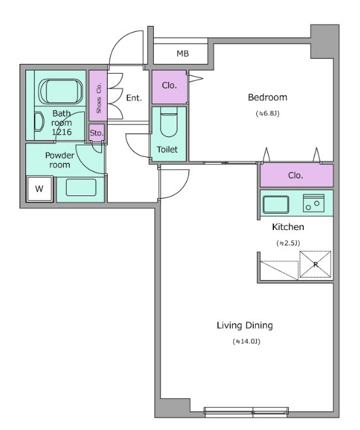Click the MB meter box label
tap(183, 53)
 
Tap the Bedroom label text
tap(267, 97)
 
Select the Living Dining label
tap(245, 326)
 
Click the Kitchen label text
tap(288, 227)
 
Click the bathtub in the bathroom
tap(61, 92)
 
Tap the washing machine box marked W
tap(40, 189)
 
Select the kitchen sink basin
tap(276, 205)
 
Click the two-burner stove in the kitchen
tap(314, 203)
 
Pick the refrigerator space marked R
tap(315, 265)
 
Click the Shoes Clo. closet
tap(98, 96)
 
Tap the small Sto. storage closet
tap(97, 133)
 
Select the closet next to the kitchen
tap(297, 175)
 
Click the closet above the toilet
tap(170, 87)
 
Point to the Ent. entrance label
tap(134, 98)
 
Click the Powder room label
tap(59, 160)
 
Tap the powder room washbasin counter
tap(80, 190)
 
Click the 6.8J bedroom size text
tap(268, 113)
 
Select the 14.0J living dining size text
tap(247, 341)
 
